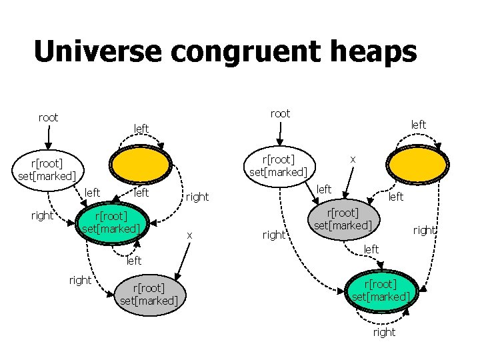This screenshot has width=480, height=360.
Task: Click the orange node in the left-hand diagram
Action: pos(141,163)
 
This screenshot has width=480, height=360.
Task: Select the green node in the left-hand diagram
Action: pos(111,221)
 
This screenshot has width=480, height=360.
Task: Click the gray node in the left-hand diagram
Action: pos(148,294)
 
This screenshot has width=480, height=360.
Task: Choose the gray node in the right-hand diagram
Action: pos(343,218)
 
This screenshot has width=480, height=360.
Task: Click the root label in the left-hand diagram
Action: pos(48,118)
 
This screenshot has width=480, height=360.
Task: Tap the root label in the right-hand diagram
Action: pos(280,114)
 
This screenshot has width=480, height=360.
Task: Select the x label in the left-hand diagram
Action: pos(189,235)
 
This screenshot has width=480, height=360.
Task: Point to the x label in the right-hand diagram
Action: pos(353,159)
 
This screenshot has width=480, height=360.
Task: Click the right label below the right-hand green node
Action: pos(384,332)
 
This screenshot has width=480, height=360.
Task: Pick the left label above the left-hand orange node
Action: pos(141,128)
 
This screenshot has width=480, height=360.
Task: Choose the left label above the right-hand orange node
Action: pos(418,125)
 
